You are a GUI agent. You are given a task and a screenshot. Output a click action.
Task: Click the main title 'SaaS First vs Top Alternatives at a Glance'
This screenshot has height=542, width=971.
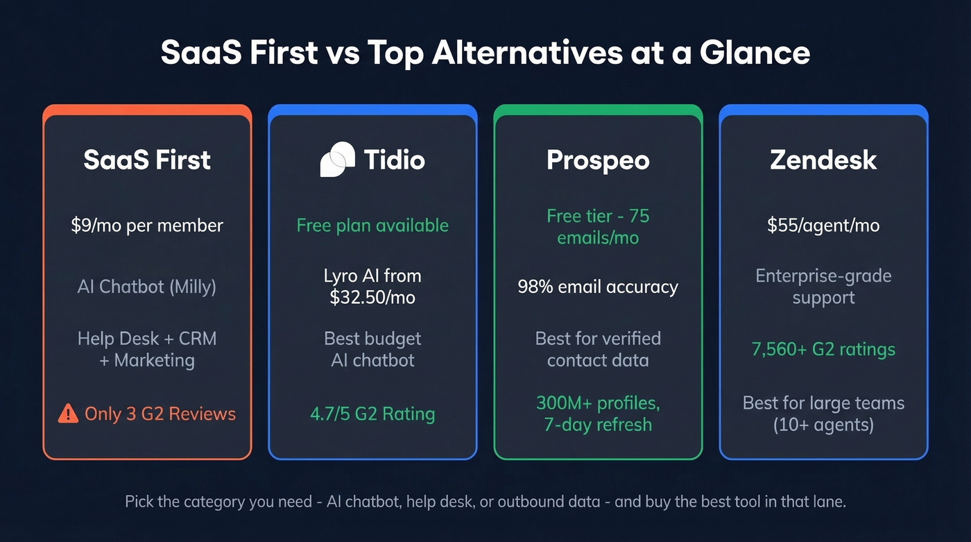coord(485,53)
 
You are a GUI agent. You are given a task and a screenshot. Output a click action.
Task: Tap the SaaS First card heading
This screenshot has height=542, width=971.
coord(147,160)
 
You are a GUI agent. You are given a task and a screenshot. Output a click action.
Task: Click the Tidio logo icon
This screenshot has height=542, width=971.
coord(338,160)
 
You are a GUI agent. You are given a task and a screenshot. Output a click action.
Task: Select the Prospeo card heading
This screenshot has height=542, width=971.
coord(598,160)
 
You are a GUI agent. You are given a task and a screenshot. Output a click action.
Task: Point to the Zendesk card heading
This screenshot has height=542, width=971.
coord(823,160)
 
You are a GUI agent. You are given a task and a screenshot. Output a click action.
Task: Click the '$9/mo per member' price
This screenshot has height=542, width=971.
coord(147,226)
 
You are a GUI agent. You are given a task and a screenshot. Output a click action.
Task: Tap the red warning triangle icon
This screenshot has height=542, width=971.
coord(68,414)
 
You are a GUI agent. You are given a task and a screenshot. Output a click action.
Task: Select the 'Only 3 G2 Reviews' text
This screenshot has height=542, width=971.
coord(160,414)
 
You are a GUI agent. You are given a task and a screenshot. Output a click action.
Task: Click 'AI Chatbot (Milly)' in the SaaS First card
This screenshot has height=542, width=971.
coord(147,287)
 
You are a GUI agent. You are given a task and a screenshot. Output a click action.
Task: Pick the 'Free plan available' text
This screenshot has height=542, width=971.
coord(372,226)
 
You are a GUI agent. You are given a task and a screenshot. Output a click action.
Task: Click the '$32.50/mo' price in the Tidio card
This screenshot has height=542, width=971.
coord(372,298)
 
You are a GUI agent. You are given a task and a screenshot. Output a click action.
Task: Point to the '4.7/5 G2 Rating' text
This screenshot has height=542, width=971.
coord(372,414)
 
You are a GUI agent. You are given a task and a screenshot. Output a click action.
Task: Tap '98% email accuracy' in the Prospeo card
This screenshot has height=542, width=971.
coord(598,287)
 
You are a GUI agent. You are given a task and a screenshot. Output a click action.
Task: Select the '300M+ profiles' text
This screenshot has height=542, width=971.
coord(598,403)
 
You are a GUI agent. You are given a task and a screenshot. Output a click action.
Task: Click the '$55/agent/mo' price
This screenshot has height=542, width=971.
coord(823,226)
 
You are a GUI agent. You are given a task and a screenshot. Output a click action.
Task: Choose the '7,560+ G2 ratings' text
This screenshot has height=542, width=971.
coord(823,349)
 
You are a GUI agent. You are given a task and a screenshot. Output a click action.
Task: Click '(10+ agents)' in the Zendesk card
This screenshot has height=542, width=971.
coord(823,425)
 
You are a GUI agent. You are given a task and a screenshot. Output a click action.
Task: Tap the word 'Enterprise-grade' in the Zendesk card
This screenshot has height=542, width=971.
coord(823,276)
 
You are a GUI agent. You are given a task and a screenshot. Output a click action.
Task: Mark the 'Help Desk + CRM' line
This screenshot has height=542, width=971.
coord(147,339)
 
